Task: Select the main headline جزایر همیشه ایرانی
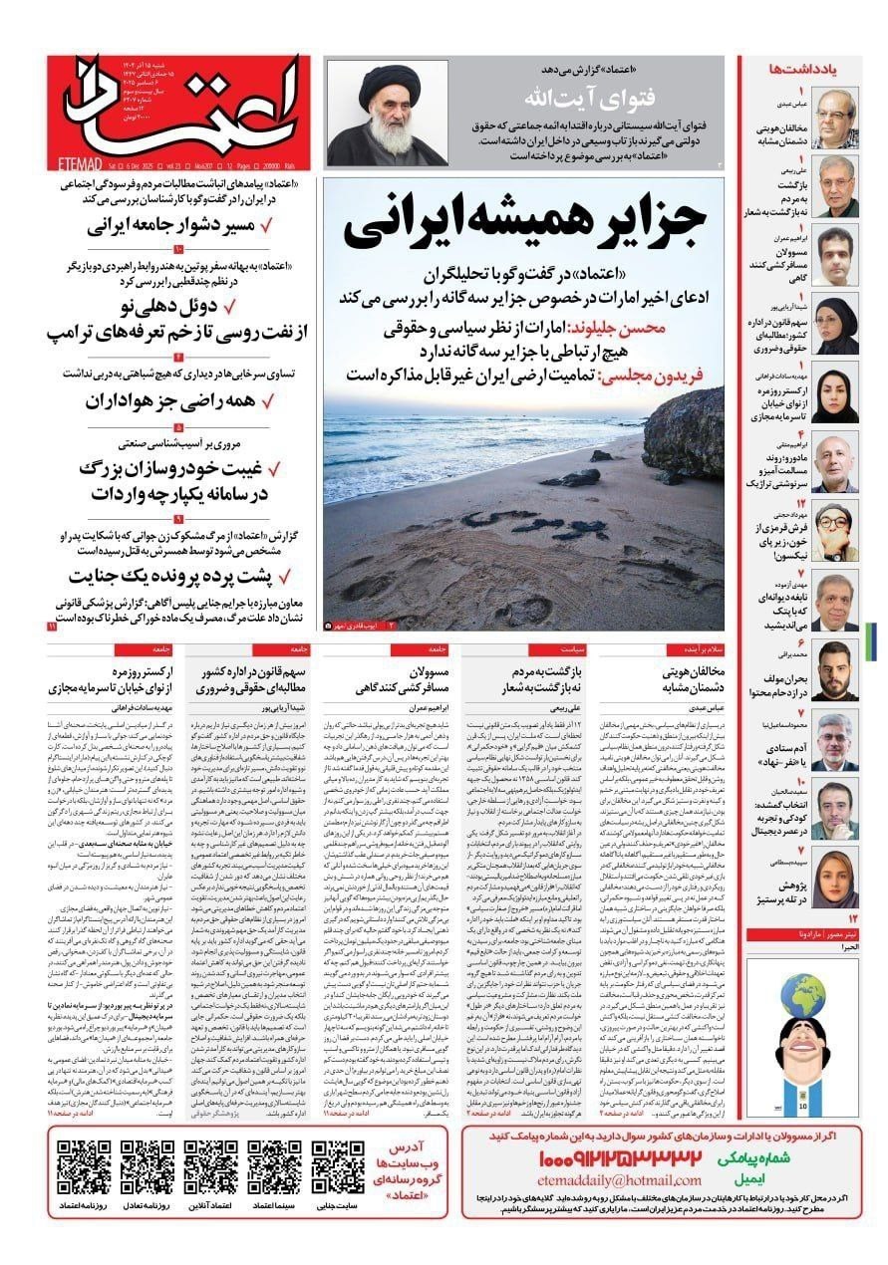click(525, 224)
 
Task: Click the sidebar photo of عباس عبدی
click(835, 119)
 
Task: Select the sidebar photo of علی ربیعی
click(835, 186)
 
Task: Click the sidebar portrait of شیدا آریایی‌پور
click(835, 324)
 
